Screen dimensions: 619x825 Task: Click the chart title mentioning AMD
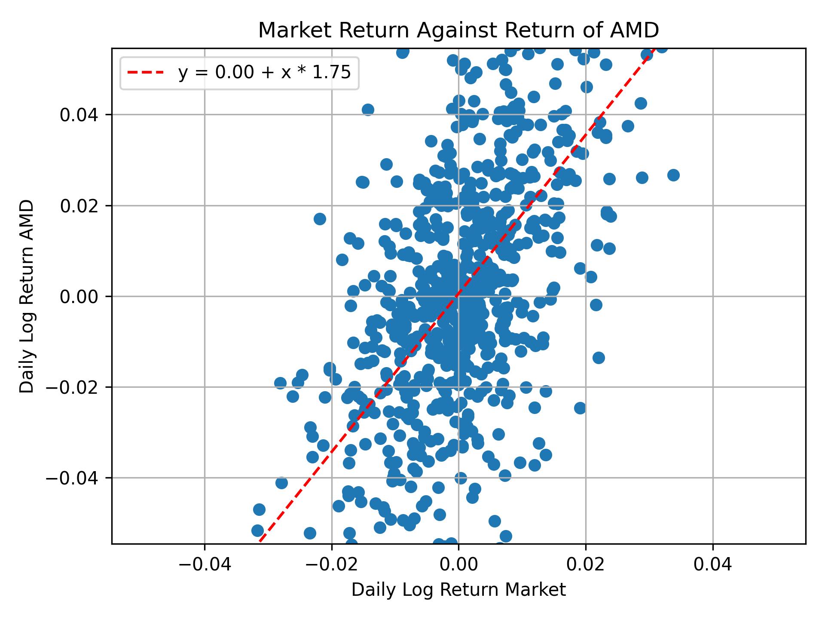point(458,31)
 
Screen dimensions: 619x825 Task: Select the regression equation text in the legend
point(265,73)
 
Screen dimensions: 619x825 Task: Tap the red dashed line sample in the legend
point(146,73)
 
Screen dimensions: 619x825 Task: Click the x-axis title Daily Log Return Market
point(458,590)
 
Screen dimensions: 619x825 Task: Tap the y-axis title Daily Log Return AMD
point(27,296)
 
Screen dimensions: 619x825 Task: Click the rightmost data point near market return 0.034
point(673,175)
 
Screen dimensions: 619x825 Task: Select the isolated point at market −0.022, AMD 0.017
point(320,219)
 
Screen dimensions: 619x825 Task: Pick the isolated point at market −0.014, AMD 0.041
point(368,110)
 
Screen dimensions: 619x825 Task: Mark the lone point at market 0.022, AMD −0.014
point(599,358)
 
